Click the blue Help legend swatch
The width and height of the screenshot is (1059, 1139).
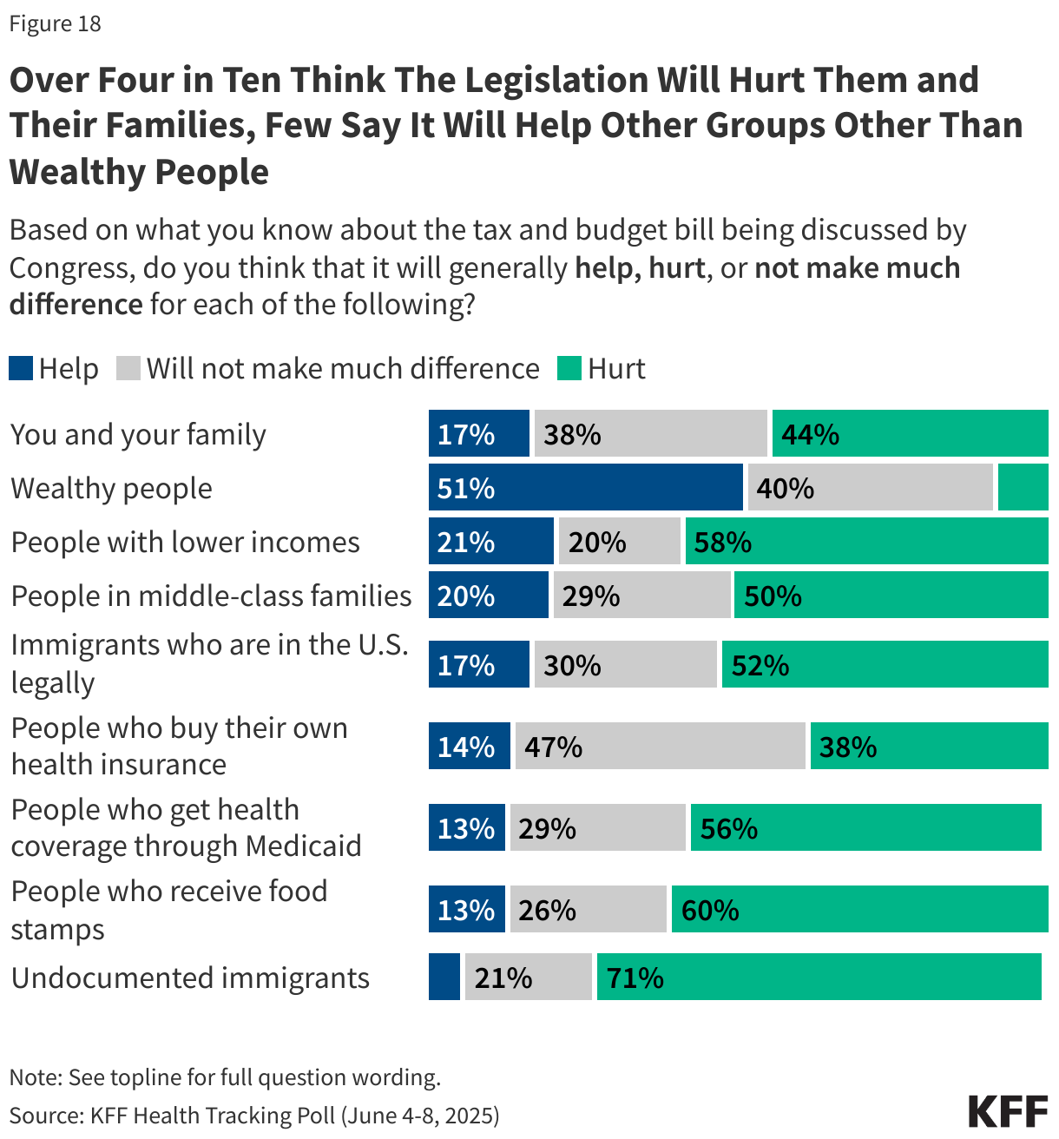point(21,368)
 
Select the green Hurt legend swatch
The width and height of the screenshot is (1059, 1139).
point(569,368)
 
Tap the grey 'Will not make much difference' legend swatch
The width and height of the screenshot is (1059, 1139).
point(128,368)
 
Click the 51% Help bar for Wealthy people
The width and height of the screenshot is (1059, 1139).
point(586,488)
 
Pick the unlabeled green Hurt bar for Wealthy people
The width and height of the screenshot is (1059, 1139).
point(1023,488)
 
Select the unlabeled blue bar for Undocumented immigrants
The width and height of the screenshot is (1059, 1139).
point(444,977)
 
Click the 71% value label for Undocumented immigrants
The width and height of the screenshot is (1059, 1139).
point(635,978)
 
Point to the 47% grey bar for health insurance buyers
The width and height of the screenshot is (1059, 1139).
point(660,747)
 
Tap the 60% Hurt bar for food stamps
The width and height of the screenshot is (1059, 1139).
point(859,910)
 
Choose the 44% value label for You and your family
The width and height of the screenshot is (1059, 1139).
point(810,434)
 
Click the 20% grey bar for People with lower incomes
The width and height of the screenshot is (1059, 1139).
point(619,542)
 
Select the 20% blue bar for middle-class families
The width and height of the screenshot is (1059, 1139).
point(489,596)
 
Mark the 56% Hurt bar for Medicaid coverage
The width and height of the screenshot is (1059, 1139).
point(865,828)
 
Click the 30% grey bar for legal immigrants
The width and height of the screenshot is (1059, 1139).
point(625,665)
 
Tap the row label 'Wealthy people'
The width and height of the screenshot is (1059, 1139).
point(111,489)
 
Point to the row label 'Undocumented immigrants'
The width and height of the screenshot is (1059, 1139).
point(190,978)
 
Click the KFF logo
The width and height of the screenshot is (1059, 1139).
point(1008,1111)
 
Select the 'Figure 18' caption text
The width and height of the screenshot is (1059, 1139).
point(55,23)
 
